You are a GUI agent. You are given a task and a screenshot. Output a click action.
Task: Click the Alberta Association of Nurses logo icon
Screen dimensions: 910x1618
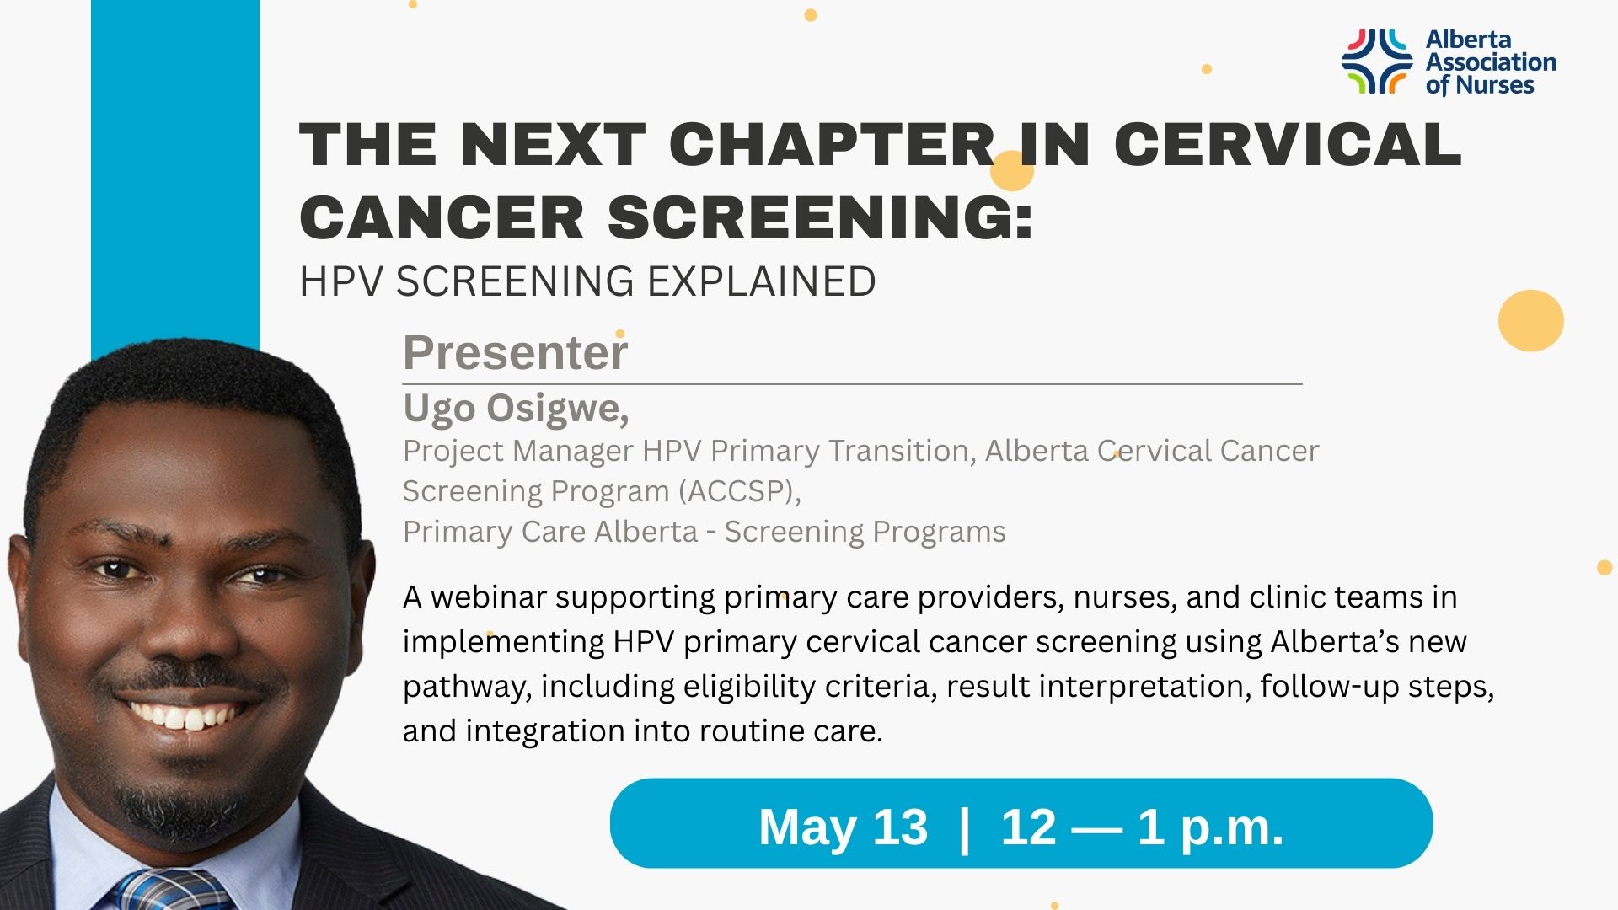1376,61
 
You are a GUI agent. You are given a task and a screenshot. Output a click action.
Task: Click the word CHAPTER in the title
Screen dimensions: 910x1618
832,145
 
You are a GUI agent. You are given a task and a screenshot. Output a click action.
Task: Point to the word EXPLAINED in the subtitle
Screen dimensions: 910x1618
762,281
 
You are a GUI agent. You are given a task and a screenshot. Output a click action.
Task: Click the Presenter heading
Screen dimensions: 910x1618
515,352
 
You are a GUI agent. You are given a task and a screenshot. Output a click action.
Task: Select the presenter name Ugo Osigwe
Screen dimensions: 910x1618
515,409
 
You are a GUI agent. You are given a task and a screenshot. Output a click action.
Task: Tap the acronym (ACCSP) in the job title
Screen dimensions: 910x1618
739,491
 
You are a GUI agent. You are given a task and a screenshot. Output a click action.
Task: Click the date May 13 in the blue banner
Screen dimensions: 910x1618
843,827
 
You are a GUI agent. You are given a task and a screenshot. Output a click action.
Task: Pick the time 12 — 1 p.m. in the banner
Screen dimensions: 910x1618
1142,827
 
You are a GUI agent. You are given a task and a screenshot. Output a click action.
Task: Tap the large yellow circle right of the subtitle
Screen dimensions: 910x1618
1530,320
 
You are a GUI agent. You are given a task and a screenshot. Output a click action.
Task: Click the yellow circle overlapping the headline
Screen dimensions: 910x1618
1011,171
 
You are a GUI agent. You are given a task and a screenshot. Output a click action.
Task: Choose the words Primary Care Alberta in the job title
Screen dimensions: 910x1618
550,533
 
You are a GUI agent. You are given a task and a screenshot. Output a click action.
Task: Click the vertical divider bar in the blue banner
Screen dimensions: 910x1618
964,827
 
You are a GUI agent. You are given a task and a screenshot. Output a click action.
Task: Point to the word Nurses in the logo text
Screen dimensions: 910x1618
1494,85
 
